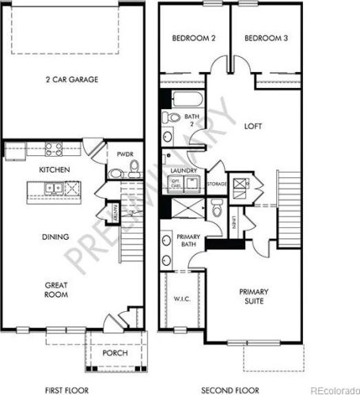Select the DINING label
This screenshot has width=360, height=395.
click(x=54, y=237)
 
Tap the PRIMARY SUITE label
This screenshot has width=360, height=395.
click(x=255, y=296)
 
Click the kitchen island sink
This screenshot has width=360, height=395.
click(x=51, y=188)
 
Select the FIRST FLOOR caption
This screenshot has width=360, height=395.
click(x=66, y=389)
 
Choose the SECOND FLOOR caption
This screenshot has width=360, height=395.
click(x=230, y=389)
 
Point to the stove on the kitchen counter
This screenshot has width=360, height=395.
click(x=54, y=146)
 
